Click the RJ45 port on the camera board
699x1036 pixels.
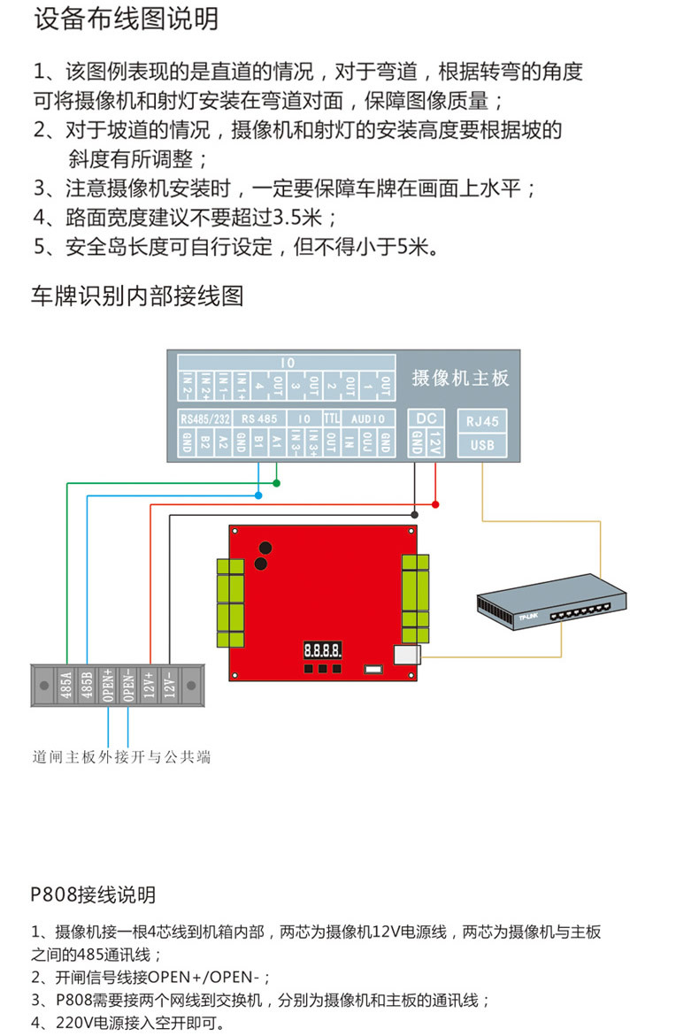point(482,422)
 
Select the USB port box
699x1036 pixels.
point(482,445)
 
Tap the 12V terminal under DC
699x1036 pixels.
point(434,442)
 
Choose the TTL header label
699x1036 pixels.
point(332,418)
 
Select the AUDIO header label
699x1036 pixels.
point(367,418)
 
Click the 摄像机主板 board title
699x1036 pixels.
point(460,379)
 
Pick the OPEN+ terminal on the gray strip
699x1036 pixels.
point(108,685)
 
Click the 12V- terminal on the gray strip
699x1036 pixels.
point(171,685)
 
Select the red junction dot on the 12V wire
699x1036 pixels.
point(435,504)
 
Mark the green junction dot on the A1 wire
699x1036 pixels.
point(277,483)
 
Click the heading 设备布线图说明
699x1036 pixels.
point(127,19)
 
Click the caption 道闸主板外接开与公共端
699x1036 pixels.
point(121,757)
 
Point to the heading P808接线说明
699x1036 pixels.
point(93,894)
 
